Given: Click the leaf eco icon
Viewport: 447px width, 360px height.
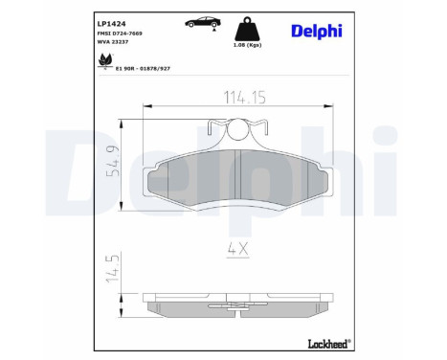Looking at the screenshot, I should (x=102, y=63).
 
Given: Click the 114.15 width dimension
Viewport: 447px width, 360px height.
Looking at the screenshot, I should (x=226, y=97).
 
